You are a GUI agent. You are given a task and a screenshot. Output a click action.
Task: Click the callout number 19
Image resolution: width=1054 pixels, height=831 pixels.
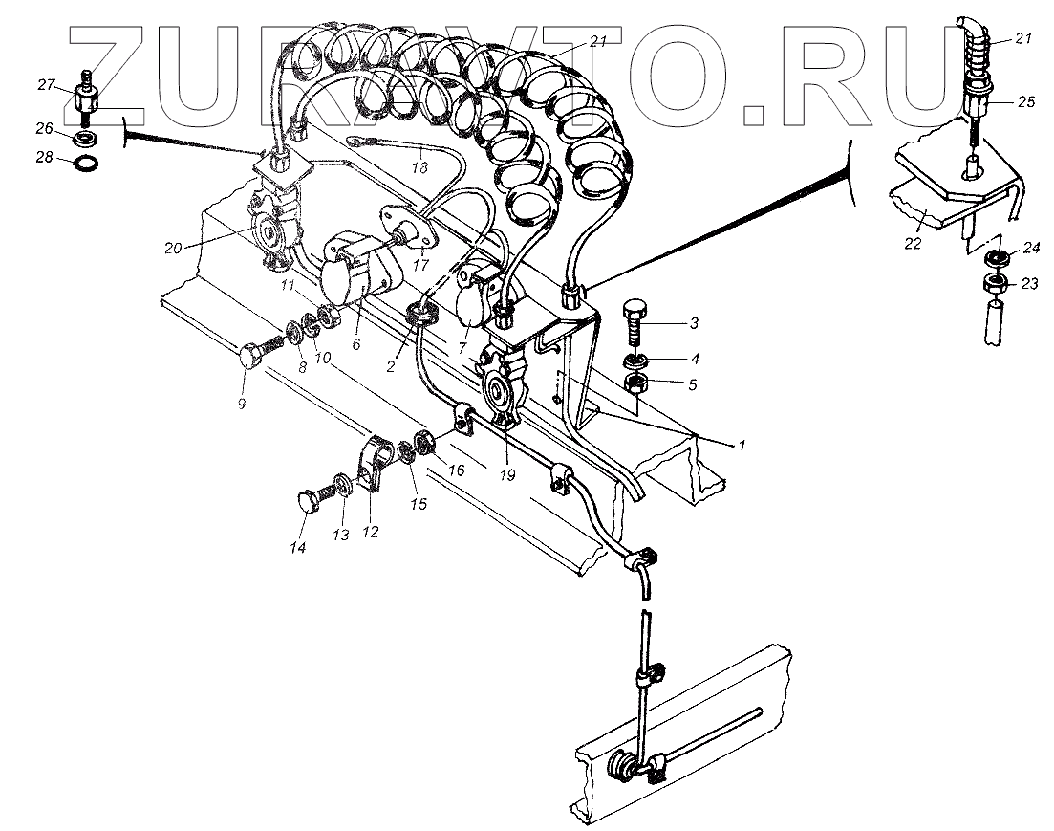[507, 474]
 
